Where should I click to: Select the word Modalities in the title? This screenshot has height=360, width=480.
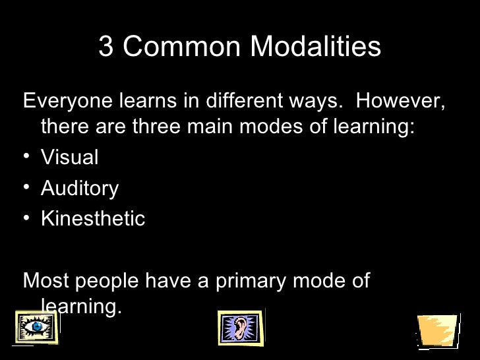[317, 47]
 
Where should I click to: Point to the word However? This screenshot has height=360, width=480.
[400, 102]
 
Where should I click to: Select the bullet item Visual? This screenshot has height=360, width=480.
[69, 158]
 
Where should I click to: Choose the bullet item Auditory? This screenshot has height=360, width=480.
[79, 189]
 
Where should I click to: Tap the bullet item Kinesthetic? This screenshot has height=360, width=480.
[92, 219]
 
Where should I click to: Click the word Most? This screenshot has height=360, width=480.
[45, 281]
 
